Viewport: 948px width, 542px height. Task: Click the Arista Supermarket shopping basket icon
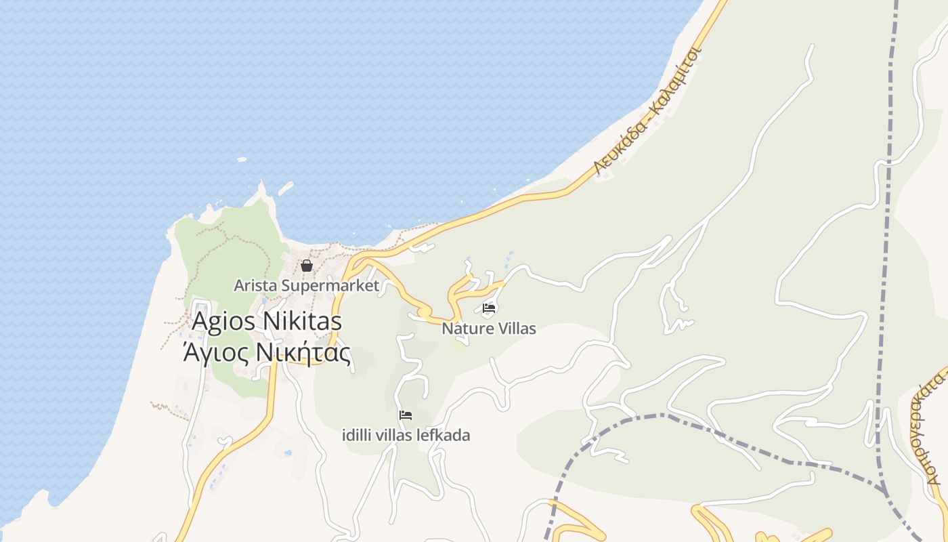(306, 265)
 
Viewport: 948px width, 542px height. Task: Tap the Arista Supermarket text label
(306, 285)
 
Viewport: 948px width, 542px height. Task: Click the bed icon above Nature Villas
(489, 309)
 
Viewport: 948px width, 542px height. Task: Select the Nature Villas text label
(489, 329)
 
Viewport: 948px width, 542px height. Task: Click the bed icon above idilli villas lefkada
(406, 415)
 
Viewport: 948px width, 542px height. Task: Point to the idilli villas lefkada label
(406, 435)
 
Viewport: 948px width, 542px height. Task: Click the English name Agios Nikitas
(267, 321)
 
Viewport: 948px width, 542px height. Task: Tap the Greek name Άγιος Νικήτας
(267, 353)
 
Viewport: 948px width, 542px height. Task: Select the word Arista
(255, 285)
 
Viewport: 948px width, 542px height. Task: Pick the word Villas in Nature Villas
(515, 329)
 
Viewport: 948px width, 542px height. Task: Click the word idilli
(359, 435)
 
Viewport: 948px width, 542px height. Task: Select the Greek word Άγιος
(211, 353)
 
